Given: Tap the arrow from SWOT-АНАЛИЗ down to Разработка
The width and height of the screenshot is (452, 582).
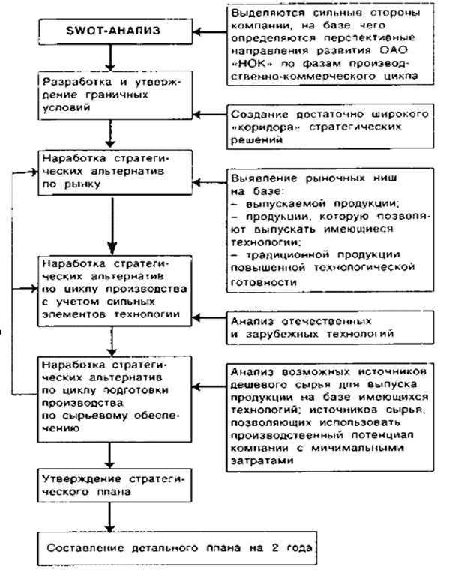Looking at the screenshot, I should click(x=109, y=58).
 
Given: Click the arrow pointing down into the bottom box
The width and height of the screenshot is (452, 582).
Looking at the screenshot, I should click(x=109, y=517).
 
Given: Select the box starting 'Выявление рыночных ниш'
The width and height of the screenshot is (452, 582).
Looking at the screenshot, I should click(x=330, y=225).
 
